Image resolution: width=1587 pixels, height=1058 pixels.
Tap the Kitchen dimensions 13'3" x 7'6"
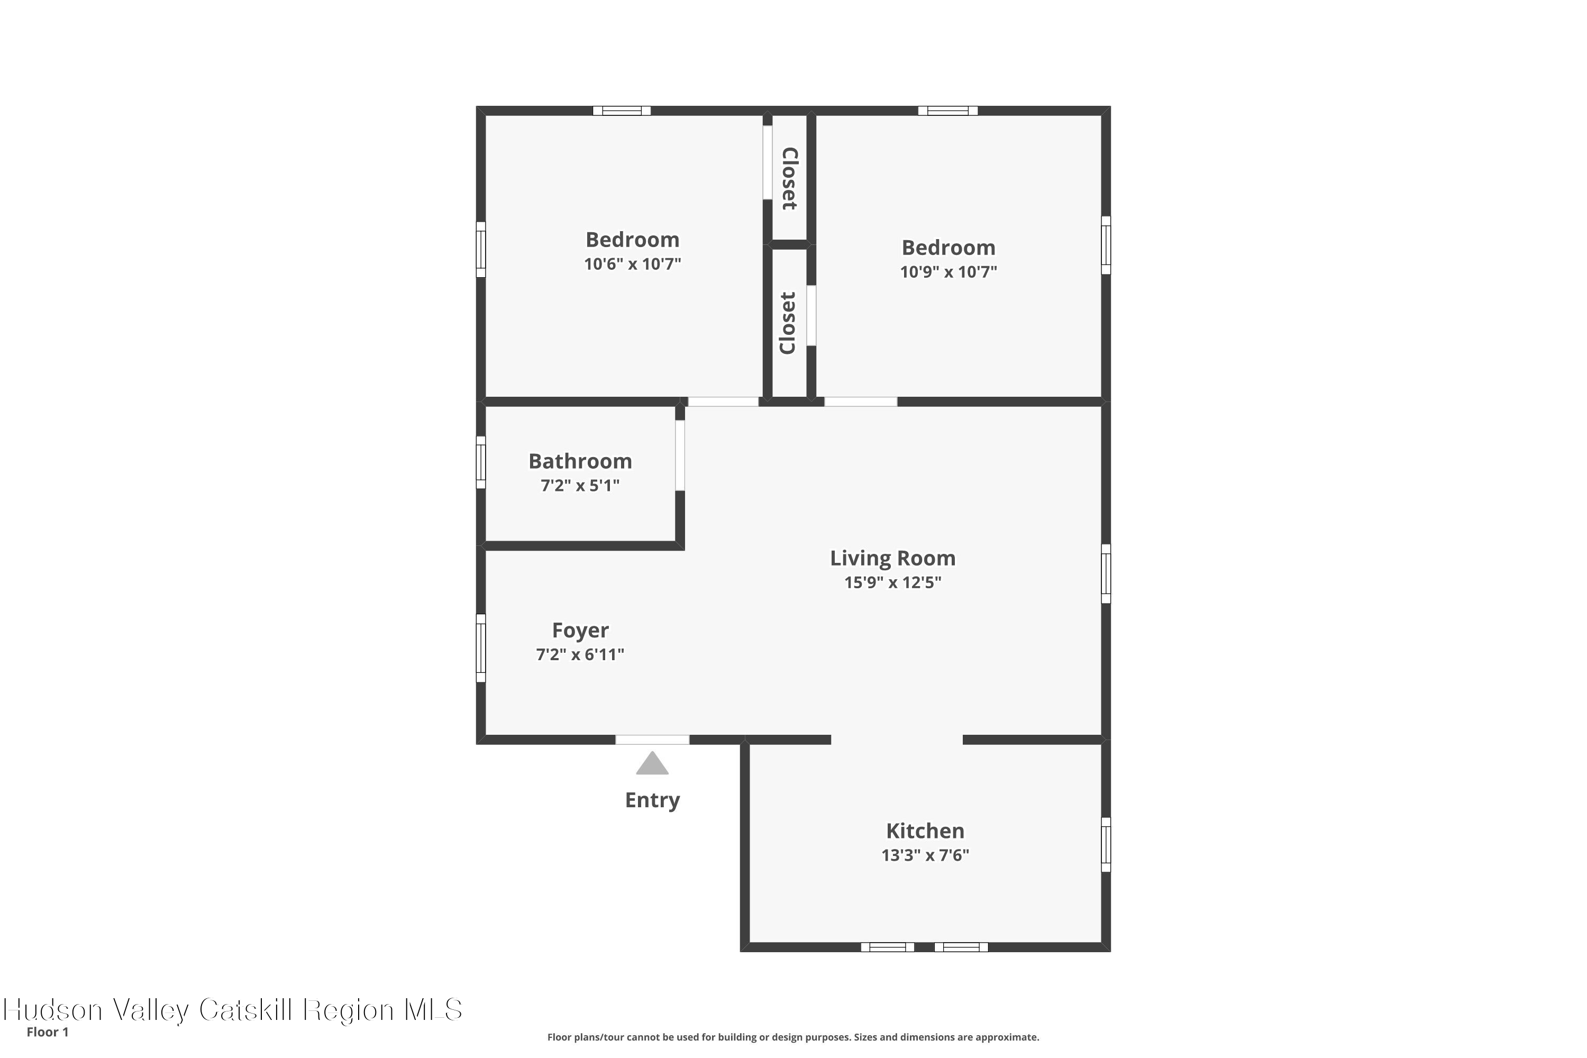925,855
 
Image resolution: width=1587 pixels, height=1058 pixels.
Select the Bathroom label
580,461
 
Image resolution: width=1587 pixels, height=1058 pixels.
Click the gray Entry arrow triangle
652,764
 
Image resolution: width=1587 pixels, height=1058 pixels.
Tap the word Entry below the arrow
652,800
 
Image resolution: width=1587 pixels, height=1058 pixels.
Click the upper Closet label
789,178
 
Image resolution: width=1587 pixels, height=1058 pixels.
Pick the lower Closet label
788,323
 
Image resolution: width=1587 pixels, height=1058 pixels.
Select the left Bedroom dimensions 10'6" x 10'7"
632,264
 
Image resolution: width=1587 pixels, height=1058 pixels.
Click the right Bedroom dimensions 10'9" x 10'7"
948,272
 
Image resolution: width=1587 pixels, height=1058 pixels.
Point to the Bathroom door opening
680,455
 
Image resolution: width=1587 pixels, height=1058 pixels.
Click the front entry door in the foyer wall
652,740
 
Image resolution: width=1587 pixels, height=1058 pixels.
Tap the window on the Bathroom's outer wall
481,462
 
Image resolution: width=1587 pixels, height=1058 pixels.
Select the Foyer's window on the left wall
481,647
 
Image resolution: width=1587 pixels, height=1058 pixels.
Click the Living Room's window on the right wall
1106,573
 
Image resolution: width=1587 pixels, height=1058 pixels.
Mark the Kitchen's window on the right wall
1106,845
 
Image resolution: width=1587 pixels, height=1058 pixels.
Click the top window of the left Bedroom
622,111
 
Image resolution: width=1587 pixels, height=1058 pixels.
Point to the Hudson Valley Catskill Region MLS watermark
233,1010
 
